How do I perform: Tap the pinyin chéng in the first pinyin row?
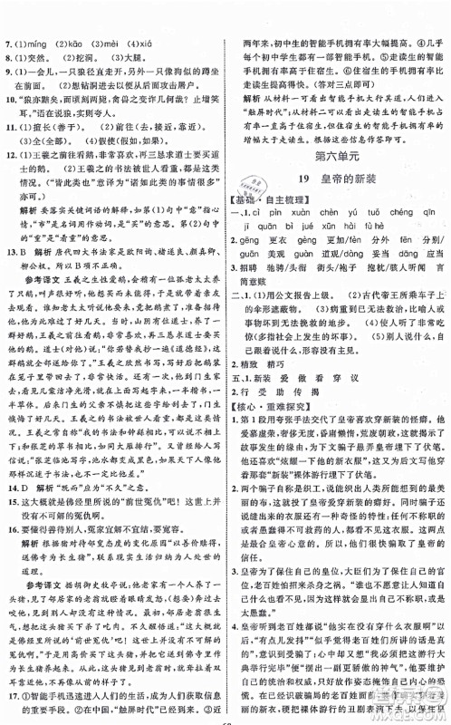(x=397, y=213)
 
